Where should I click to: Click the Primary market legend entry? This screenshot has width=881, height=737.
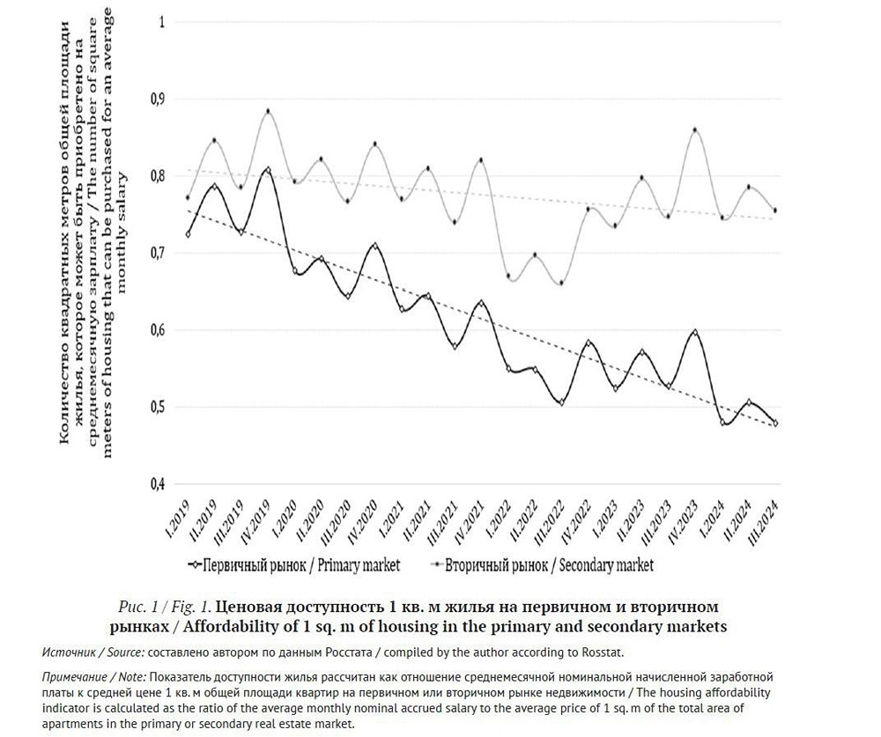(294, 564)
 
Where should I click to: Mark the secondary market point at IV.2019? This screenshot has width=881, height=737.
(268, 112)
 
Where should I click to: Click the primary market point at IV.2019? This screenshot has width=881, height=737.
(268, 169)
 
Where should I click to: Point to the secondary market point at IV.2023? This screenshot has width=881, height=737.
(695, 130)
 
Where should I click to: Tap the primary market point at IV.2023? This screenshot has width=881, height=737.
(695, 333)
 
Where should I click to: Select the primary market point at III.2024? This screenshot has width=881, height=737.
(775, 424)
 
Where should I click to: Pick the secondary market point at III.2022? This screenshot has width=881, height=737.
(561, 283)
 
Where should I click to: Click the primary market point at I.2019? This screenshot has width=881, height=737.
(188, 233)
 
